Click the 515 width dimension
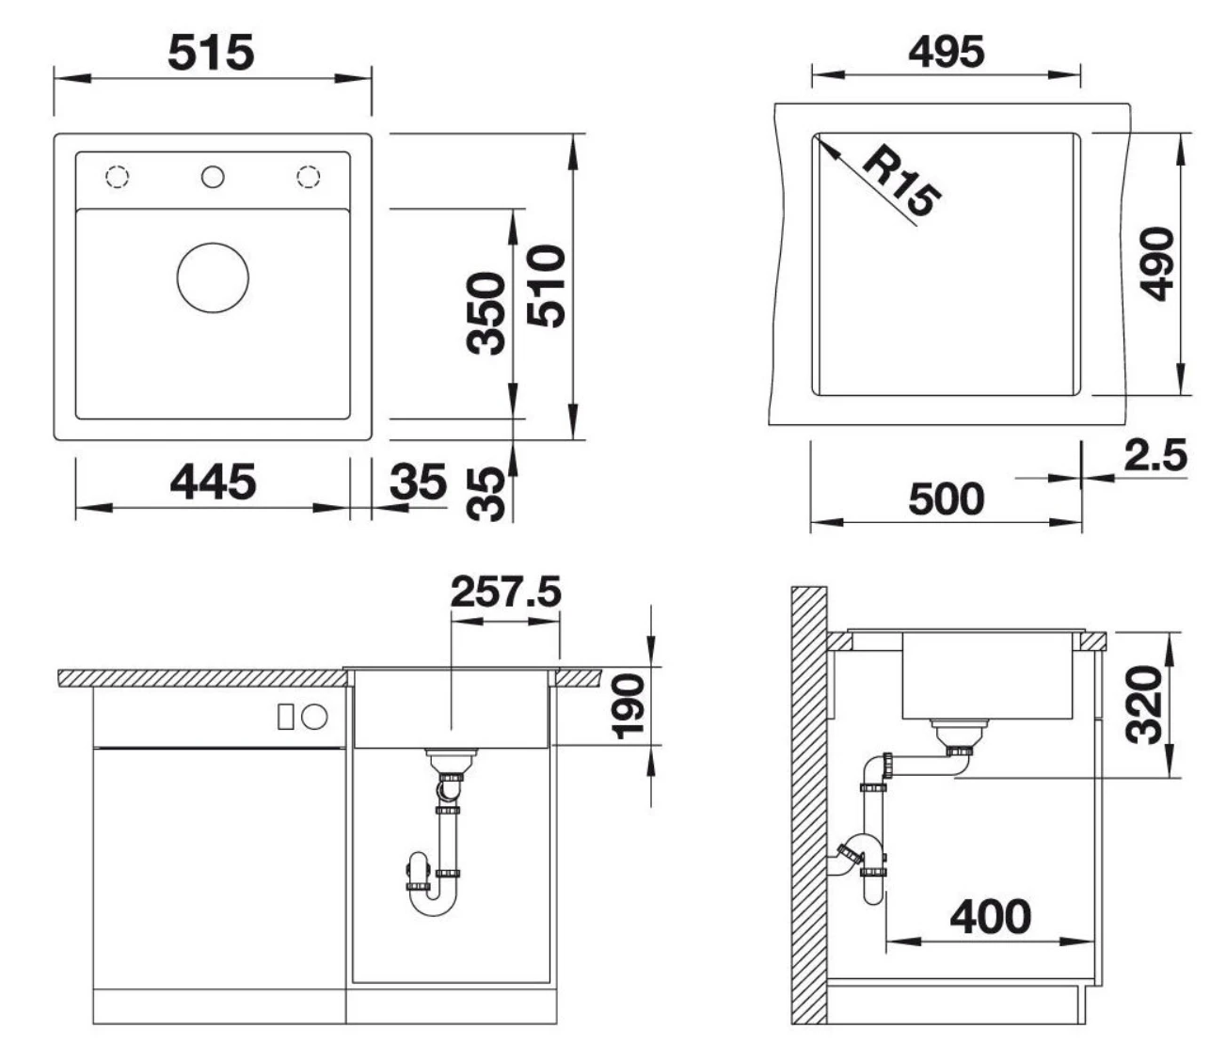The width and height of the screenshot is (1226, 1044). pyautogui.click(x=211, y=53)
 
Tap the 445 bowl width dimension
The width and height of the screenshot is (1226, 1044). pyautogui.click(x=213, y=482)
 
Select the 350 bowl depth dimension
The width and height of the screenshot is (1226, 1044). pyautogui.click(x=486, y=313)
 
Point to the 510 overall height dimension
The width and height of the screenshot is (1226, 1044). pyautogui.click(x=546, y=286)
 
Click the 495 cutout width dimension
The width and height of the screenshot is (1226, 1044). pyautogui.click(x=946, y=52)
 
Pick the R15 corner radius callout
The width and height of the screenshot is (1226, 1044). pyautogui.click(x=901, y=181)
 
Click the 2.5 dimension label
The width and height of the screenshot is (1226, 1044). pyautogui.click(x=1155, y=455)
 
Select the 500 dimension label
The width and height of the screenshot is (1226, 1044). pyautogui.click(x=946, y=499)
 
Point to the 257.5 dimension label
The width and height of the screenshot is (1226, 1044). pyautogui.click(x=505, y=591)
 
